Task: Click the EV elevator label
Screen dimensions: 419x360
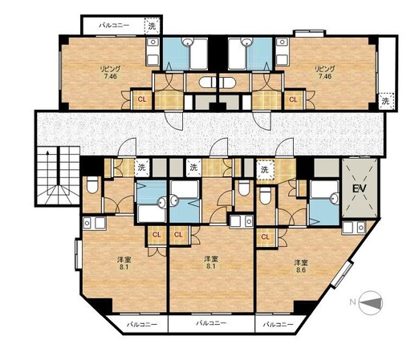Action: point(359,188)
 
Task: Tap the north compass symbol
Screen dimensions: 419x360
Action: point(371,302)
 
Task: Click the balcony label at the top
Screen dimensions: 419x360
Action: point(114,26)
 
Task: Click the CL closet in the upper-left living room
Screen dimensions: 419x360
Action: point(142,99)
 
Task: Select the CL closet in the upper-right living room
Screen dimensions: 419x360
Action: point(293,99)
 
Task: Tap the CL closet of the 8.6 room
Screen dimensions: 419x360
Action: point(265,237)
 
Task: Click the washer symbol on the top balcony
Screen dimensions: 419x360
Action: point(152,26)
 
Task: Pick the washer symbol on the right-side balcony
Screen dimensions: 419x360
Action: point(386,101)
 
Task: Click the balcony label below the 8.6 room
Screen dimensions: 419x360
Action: point(278,325)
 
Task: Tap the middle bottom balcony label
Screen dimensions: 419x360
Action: point(211,323)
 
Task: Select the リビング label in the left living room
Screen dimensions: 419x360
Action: point(110,69)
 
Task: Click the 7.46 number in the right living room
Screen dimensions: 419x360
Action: point(325,76)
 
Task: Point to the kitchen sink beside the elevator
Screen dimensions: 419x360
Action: point(353,228)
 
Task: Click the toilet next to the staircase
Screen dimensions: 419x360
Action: point(92,184)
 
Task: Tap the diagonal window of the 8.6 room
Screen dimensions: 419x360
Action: point(343,274)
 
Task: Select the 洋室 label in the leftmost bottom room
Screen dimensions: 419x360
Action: point(124,260)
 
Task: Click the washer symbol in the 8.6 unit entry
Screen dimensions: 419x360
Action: point(264,169)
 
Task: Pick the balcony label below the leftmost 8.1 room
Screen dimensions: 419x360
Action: point(141,325)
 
